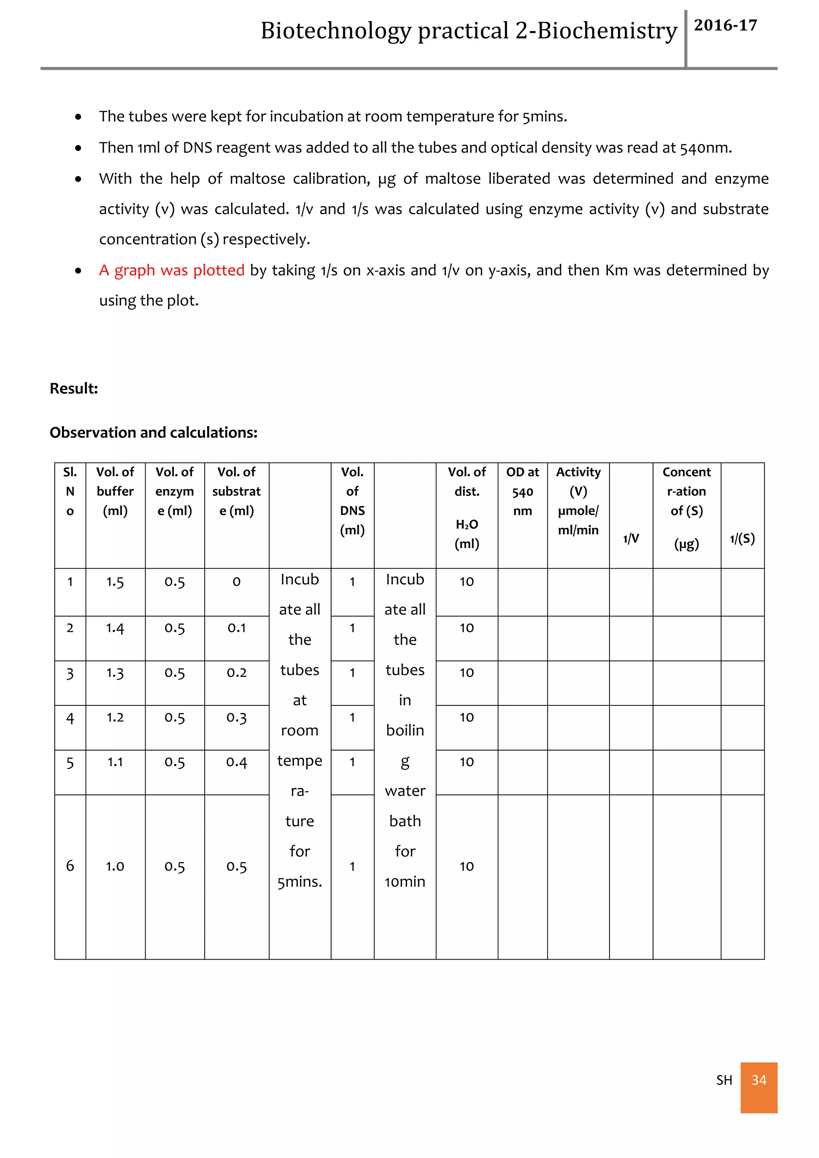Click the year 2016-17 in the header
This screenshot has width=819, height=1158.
coord(725,25)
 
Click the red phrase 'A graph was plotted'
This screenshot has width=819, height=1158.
coord(172,270)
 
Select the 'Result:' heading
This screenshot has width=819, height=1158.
coord(74,388)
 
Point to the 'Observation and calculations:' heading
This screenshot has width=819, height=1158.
coord(153,433)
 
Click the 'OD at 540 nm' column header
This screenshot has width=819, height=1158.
coord(522,491)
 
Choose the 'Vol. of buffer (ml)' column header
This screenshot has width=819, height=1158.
coord(115,491)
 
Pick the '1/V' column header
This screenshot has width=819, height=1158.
coord(631,539)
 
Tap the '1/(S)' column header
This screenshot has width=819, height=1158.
coord(742,539)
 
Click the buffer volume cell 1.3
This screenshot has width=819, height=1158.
coord(115,673)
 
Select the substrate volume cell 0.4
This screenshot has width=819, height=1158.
coord(236,762)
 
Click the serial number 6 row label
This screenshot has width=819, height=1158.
coord(70,866)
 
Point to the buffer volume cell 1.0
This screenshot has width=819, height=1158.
coord(115,867)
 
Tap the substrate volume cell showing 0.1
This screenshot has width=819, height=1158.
coord(236,628)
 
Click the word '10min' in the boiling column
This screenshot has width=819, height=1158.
coord(405,882)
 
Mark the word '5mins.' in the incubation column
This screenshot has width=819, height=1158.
coord(300,882)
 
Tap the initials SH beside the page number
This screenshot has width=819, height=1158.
coord(724,1080)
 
